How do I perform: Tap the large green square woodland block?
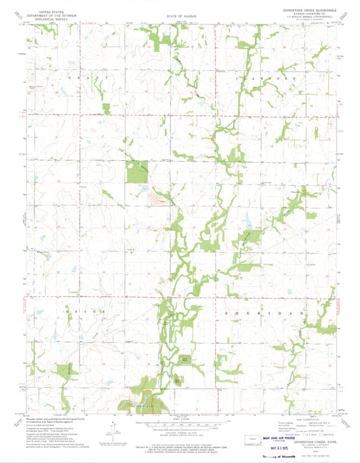tap(138, 173)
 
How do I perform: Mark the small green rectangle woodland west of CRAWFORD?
tap(105, 107)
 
